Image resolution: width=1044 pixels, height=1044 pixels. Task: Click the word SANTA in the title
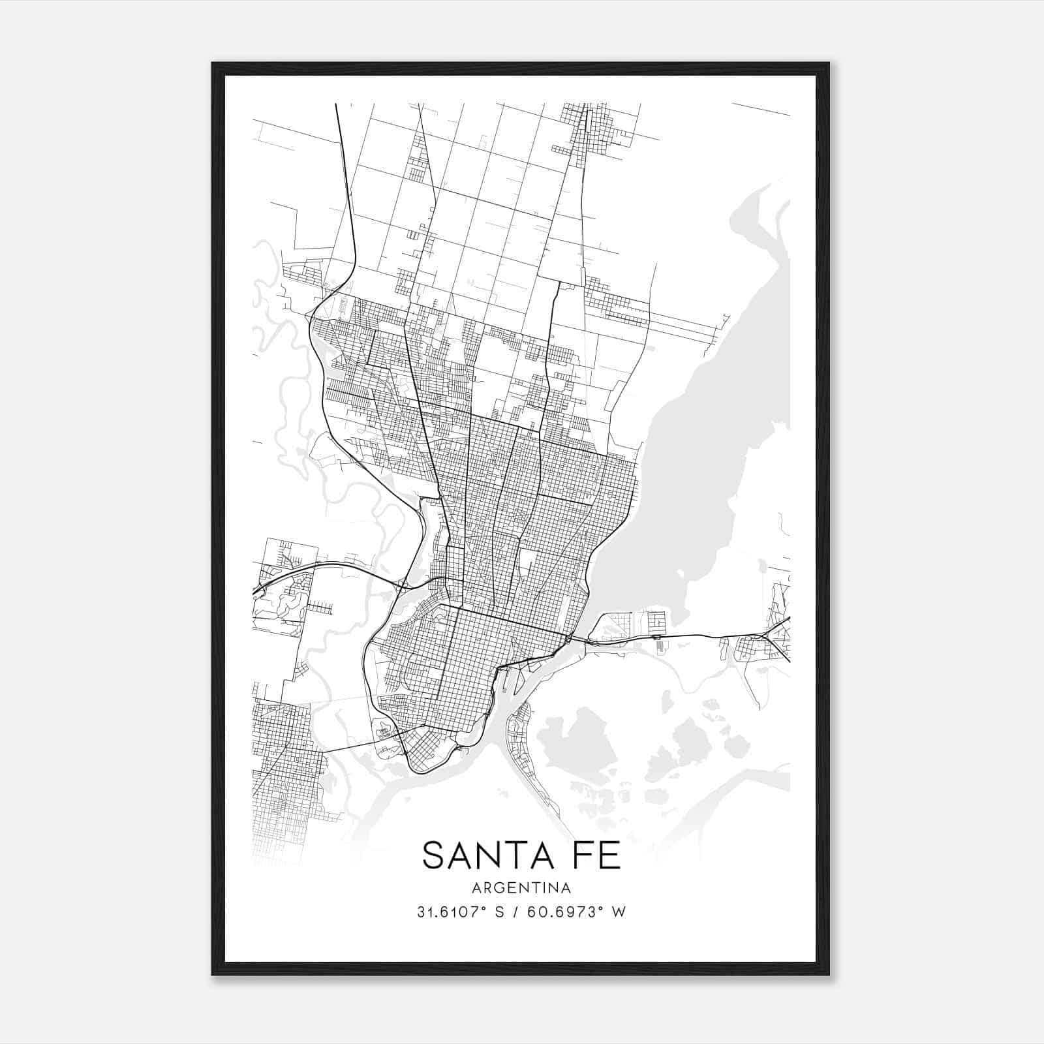484,855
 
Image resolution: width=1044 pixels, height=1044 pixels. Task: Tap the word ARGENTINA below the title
521,888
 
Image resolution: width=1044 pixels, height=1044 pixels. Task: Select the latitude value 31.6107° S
461,912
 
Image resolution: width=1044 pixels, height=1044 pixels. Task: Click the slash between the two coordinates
516,912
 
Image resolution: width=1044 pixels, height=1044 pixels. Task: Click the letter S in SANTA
434,855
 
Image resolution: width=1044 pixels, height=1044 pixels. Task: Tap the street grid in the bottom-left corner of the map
287,770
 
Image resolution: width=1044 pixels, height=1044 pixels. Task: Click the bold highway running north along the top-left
344,183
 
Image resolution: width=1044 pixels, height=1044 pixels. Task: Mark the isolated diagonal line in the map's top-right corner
761,109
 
